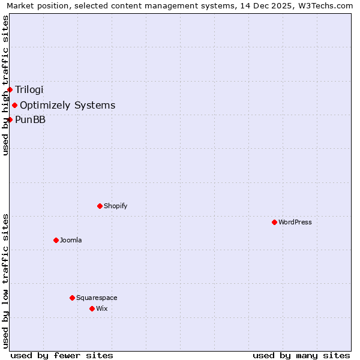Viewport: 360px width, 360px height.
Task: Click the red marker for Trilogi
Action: pyautogui.click(x=10, y=90)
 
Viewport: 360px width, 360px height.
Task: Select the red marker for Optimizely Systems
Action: pyautogui.click(x=14, y=106)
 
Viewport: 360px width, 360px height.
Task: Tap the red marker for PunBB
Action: pyautogui.click(x=10, y=119)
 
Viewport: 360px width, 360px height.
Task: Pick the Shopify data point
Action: pyautogui.click(x=100, y=206)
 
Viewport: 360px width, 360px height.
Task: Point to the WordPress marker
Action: pyautogui.click(x=274, y=222)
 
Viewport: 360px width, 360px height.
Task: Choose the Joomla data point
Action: pyautogui.click(x=56, y=240)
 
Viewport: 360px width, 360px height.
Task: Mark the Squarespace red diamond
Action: pyautogui.click(x=72, y=298)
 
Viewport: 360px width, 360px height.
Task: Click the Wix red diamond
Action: pyautogui.click(x=92, y=308)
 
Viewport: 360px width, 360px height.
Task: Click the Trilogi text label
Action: pyautogui.click(x=29, y=90)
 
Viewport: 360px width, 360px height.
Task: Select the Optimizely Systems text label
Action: pyautogui.click(x=67, y=106)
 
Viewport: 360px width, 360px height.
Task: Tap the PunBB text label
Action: pyautogui.click(x=30, y=119)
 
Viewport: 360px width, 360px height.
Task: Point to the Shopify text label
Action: pyautogui.click(x=115, y=206)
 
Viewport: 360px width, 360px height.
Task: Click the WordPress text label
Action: pyautogui.click(x=295, y=222)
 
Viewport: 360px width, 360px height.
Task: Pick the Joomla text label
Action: pyautogui.click(x=71, y=240)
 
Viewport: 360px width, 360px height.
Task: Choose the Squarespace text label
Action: pyautogui.click(x=97, y=298)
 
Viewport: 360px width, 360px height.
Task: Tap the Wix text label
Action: pyautogui.click(x=101, y=308)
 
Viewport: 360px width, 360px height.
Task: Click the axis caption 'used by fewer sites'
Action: pyautogui.click(x=62, y=355)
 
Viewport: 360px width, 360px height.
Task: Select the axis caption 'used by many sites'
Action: pyautogui.click(x=301, y=355)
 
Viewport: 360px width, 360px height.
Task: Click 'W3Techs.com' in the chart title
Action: pyautogui.click(x=325, y=6)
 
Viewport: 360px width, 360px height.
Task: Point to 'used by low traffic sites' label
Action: pyautogui.click(x=6, y=280)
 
